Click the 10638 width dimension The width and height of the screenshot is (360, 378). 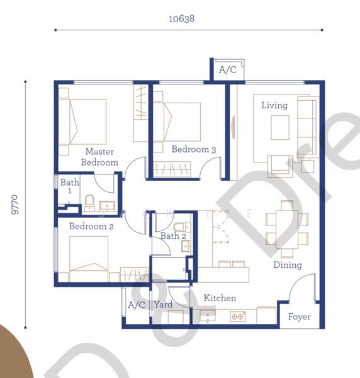pyautogui.click(x=181, y=19)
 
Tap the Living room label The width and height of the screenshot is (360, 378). pyautogui.click(x=274, y=105)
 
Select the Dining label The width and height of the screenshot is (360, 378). pyautogui.click(x=287, y=265)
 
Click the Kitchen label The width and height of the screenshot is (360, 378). pyautogui.click(x=219, y=297)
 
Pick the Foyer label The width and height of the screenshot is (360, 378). pyautogui.click(x=299, y=316)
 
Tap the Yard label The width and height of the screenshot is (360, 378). pyautogui.click(x=163, y=305)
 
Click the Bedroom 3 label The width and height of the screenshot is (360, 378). pyautogui.click(x=194, y=149)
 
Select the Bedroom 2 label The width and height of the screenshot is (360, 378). pyautogui.click(x=91, y=226)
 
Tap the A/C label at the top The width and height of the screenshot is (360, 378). pyautogui.click(x=227, y=70)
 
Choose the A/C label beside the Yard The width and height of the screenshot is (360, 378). pyautogui.click(x=137, y=305)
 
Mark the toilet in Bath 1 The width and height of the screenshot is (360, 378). pyautogui.click(x=89, y=202)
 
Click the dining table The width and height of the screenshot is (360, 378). pyautogui.click(x=286, y=228)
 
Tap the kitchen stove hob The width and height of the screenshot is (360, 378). pyautogui.click(x=238, y=316)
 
